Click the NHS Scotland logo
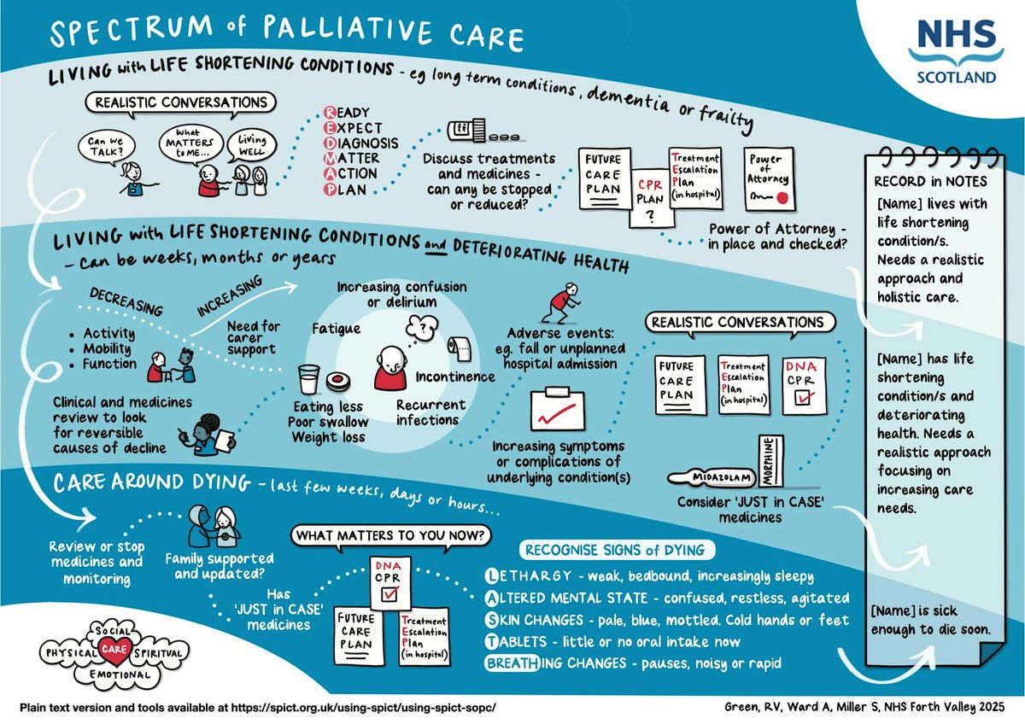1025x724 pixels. coord(957,52)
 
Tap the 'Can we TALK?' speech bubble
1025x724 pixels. coord(106,147)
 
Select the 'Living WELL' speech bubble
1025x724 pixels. coord(251,145)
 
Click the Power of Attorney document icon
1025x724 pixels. coord(769,179)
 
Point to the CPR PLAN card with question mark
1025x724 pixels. coord(651,198)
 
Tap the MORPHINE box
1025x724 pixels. coord(771,460)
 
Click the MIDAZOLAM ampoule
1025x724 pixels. coord(712,477)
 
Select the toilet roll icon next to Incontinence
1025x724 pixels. coord(460,349)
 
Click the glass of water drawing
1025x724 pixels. coord(309,379)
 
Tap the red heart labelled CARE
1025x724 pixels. coord(114,650)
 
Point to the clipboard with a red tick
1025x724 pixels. coord(557,409)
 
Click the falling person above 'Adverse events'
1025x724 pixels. coord(561,302)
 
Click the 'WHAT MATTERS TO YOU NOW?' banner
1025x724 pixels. coord(390,535)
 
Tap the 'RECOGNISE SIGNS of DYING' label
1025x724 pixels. coord(617,550)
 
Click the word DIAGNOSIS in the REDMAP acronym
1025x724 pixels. coord(360,143)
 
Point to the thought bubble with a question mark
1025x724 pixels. coord(422,328)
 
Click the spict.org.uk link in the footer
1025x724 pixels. coord(363,708)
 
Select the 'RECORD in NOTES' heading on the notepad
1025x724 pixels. coord(930,182)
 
